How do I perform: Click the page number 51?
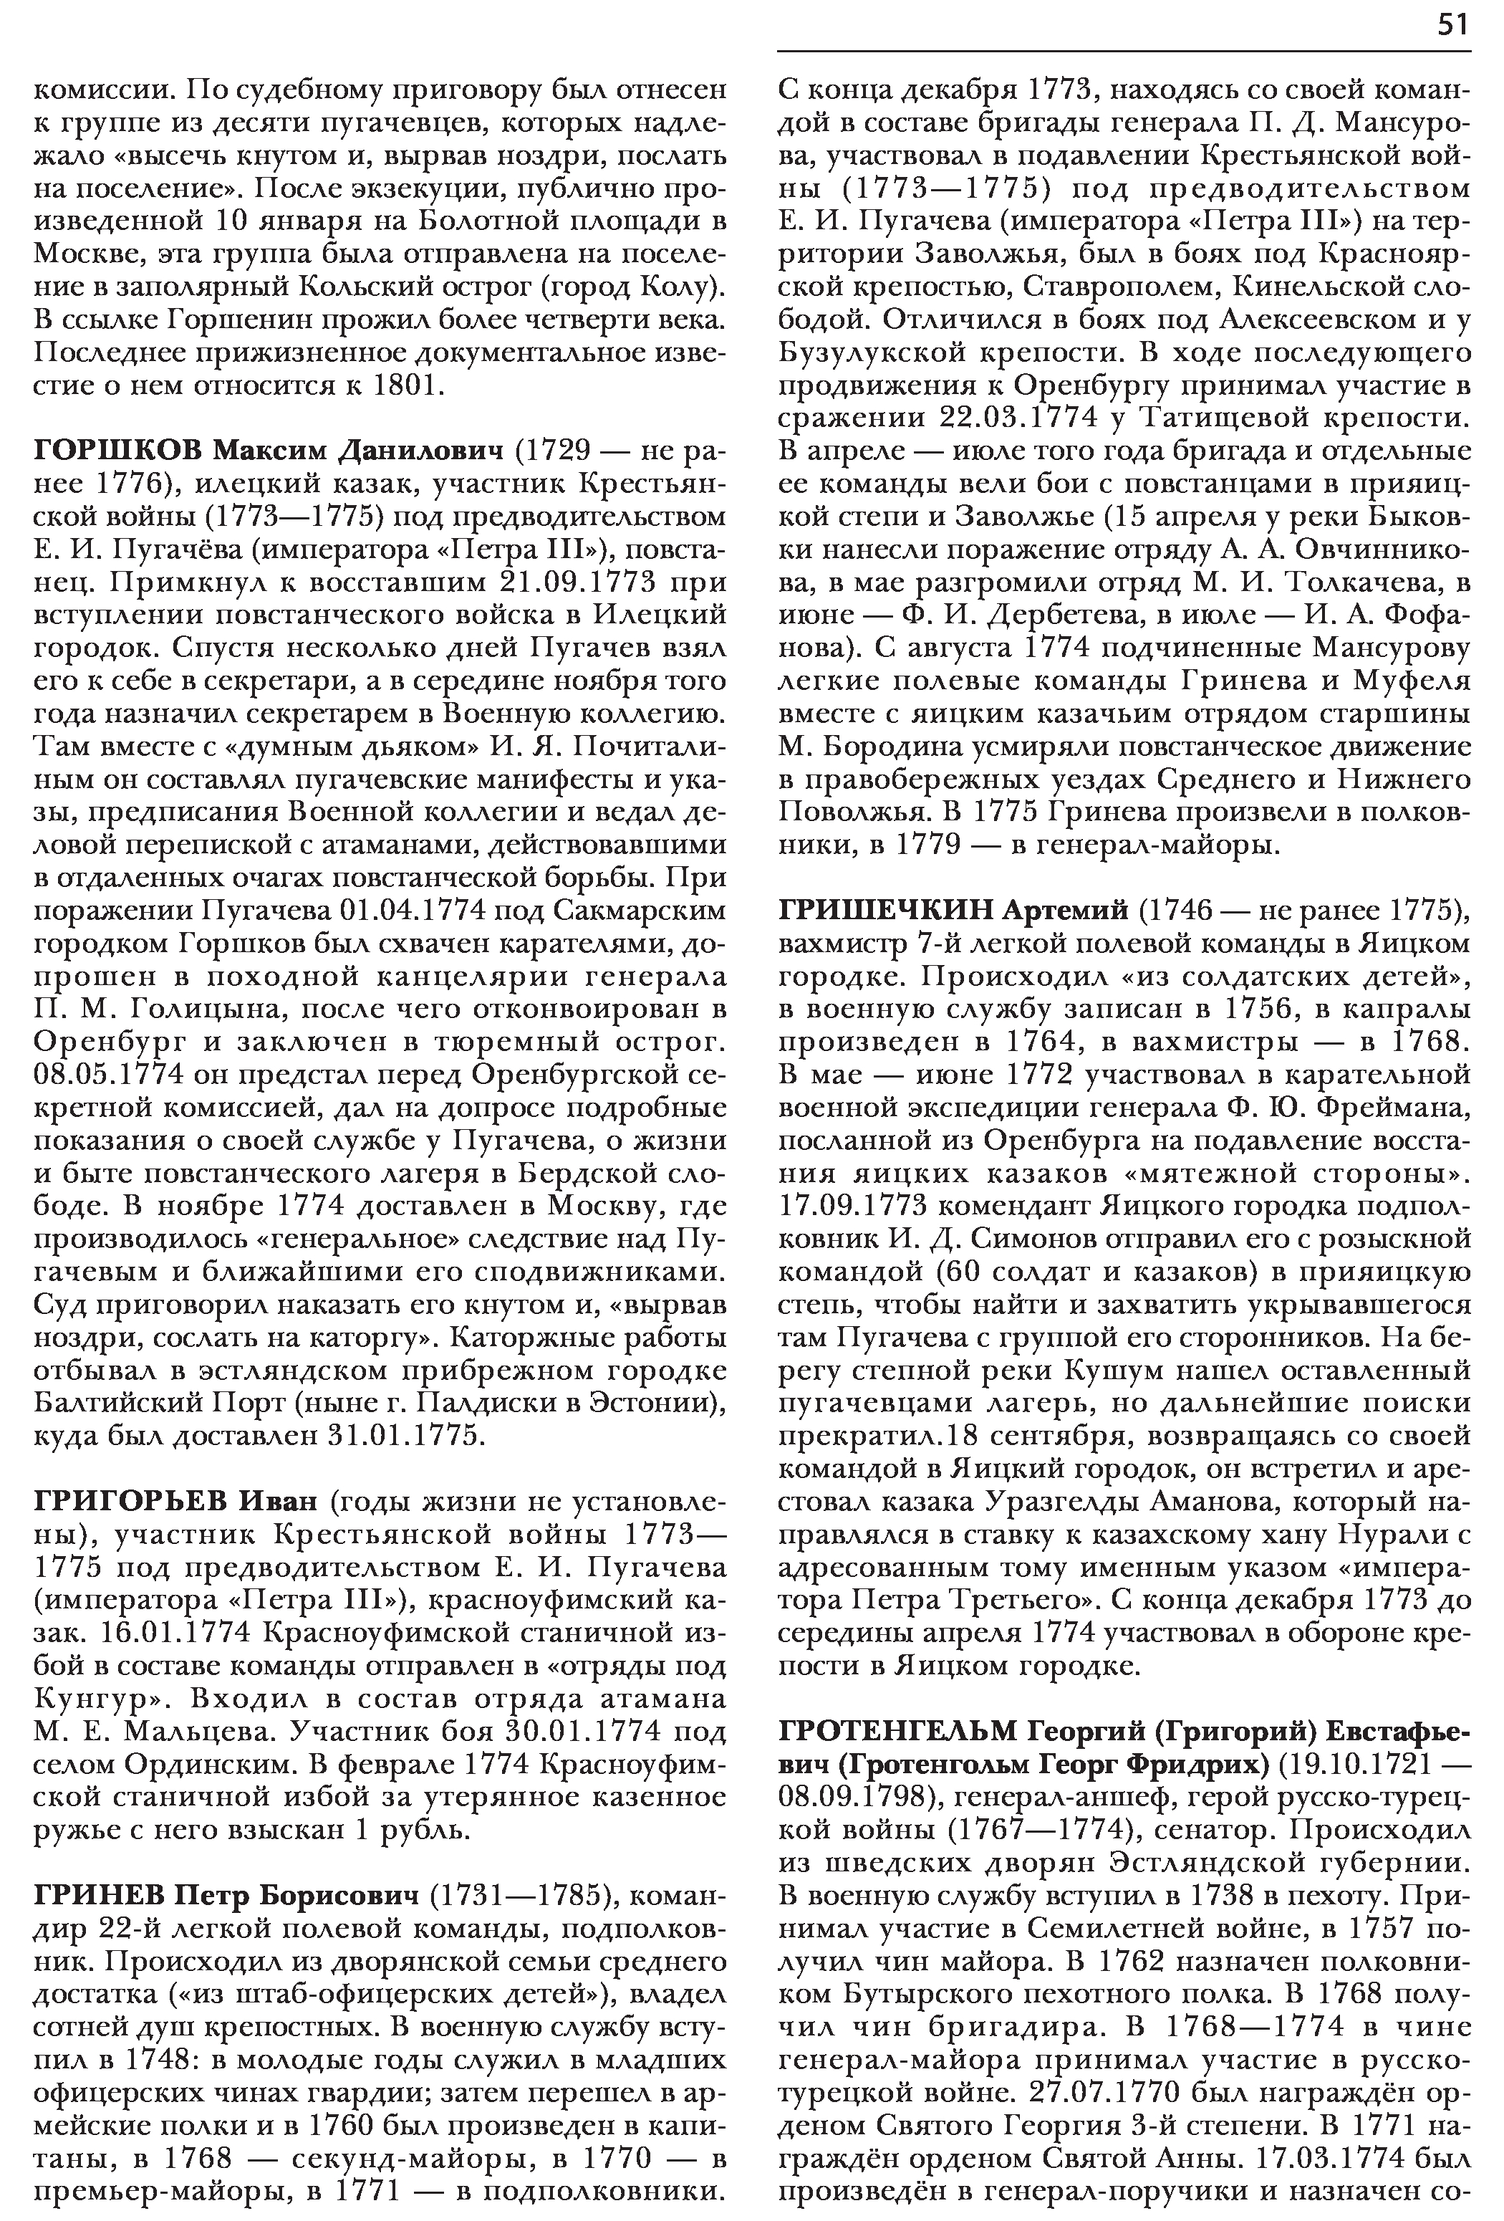tap(1452, 26)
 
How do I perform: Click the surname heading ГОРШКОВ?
tap(117, 449)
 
